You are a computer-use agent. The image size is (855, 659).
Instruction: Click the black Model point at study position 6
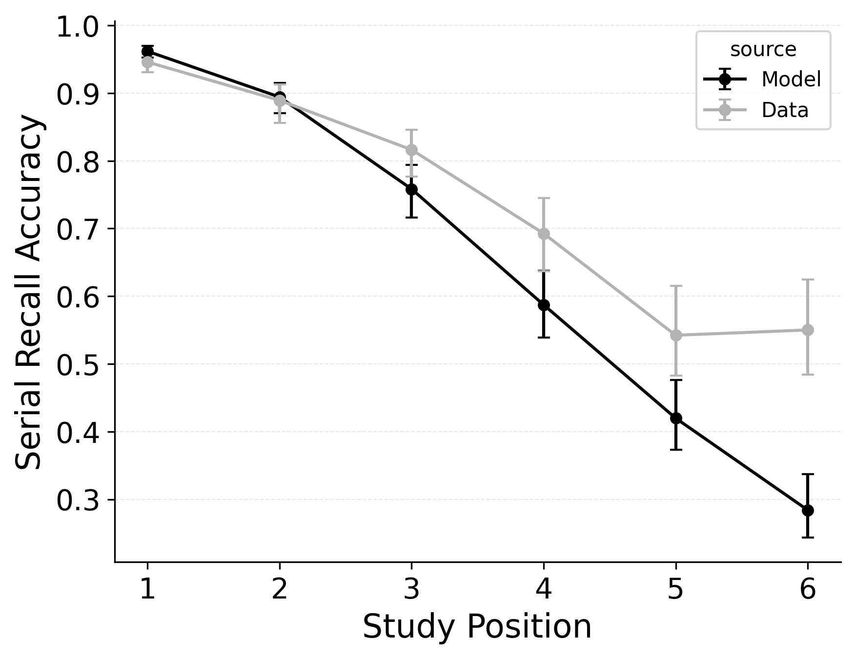point(808,510)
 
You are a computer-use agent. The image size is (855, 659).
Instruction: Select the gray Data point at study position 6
point(808,330)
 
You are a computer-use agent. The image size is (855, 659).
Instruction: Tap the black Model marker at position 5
point(676,418)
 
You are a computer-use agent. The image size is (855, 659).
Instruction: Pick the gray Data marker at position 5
point(676,335)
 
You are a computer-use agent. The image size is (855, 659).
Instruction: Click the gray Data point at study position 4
point(544,234)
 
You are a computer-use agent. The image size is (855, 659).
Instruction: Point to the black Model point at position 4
point(544,305)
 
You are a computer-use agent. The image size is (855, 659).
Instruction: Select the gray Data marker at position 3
point(411,150)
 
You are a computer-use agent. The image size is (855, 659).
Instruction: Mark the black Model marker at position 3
point(411,189)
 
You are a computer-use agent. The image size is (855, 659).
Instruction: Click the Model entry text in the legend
point(791,79)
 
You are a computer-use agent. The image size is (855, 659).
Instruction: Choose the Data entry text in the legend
point(785,111)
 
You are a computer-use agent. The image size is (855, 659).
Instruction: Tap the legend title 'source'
point(763,50)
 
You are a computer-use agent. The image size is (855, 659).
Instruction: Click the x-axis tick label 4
point(544,589)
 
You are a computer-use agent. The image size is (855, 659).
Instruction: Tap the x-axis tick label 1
point(147,589)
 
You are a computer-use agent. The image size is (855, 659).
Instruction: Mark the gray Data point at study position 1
point(147,62)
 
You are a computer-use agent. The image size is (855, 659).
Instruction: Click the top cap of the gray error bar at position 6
point(808,280)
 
